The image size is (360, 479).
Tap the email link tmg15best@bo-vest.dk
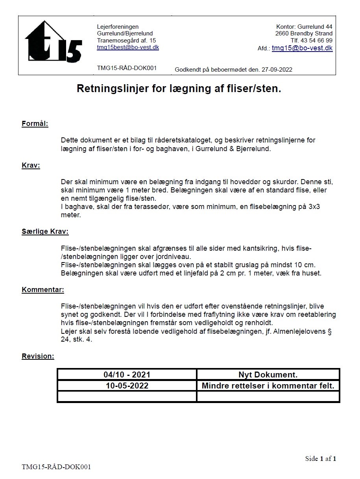coord(128,47)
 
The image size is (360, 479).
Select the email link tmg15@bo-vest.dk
coord(302,48)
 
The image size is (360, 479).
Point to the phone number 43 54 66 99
coord(317,40)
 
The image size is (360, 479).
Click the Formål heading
coord(35,124)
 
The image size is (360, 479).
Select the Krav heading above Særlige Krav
coord(31,165)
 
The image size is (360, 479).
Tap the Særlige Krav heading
coord(45,231)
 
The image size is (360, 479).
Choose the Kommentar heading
coord(43,290)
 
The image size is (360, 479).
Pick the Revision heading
coord(38,356)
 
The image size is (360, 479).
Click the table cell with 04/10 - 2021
coord(127,375)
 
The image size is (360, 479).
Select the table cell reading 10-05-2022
coord(127,386)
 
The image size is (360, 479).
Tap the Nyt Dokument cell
coord(268,375)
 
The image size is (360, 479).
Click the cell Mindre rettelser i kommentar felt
coord(268,386)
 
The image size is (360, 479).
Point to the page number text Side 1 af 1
coord(321,459)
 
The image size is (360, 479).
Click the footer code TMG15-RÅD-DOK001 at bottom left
coord(56,467)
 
